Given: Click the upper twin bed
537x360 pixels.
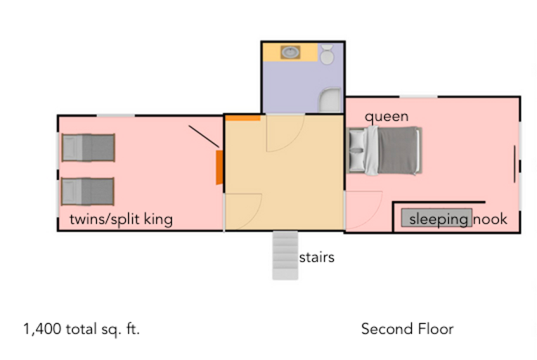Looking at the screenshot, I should coord(89,148).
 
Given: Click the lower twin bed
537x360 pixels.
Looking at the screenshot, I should coord(89,191).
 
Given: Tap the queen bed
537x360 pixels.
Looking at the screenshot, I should coord(386,150).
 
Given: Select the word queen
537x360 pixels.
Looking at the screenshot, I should coord(387,117).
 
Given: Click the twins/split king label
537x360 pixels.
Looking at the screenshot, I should coord(121,219).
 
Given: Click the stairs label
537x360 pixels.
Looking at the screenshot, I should coord(316,257).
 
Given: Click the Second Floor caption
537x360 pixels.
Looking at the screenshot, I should coord(407,329).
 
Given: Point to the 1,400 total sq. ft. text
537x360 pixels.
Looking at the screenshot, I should coord(82,329).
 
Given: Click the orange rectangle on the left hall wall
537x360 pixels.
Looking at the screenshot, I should coord(219,166).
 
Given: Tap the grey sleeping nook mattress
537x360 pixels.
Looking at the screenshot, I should coord(436,218).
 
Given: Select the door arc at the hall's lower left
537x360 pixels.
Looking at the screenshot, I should coord(243,212).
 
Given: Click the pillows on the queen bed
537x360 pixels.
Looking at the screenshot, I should coord(358,150).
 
